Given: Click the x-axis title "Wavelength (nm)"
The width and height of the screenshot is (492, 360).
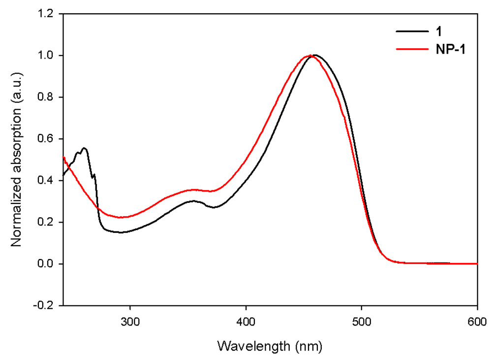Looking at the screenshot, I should tap(270, 346).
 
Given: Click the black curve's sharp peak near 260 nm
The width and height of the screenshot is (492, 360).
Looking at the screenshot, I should tap(84, 148).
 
